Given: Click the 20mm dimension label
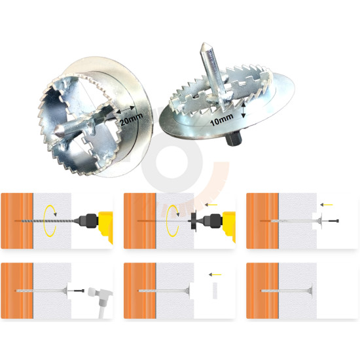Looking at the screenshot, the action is pos(131,119).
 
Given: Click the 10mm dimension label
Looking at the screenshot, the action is pos(222,120).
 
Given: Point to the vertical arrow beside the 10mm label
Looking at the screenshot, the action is pos(244,111).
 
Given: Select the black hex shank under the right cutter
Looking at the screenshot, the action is pos(233,139).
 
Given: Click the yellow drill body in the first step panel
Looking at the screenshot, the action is pos(105,227).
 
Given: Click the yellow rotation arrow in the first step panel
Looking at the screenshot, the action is pos(50,221).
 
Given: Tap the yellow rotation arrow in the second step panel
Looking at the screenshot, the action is pos(173,221).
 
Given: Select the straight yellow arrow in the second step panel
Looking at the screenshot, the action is pos(211,205).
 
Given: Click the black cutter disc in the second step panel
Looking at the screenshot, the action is pos(193,221).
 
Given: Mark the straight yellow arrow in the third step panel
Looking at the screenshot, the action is pos(327,204).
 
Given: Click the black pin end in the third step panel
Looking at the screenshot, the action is pos(334,221).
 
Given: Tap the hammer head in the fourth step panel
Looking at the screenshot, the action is pos(100,293).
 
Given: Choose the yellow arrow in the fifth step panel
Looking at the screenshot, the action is pos(215,274).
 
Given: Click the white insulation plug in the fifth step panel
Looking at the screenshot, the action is pos(215,291).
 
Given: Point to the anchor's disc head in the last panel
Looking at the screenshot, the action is pos(312,291).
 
